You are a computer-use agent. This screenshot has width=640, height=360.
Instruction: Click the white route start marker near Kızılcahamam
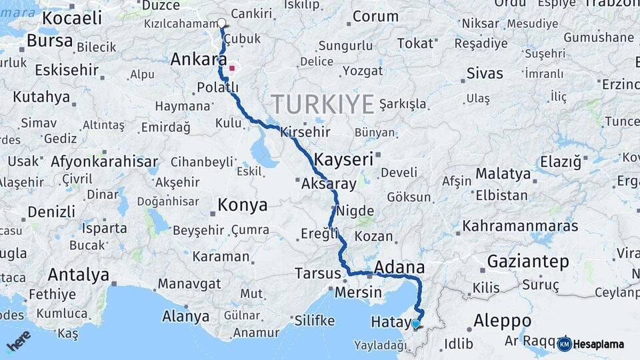point(222,23)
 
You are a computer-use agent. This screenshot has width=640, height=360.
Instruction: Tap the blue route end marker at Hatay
point(416,324)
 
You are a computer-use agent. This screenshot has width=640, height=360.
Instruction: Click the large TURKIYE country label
point(323,105)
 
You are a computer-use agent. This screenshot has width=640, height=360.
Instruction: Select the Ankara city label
point(195,59)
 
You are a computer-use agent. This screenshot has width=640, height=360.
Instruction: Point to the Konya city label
point(243,205)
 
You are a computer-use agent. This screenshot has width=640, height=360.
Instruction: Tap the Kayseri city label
point(343,160)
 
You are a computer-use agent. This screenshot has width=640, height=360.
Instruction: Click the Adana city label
point(399,267)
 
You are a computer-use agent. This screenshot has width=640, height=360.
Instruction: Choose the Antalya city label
point(79,274)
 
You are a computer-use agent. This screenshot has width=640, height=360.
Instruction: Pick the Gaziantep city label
point(528,261)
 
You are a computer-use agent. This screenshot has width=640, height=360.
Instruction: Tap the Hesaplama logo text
point(599,344)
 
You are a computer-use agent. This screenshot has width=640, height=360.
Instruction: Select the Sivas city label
point(485,73)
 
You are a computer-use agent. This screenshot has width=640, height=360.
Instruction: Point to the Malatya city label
point(503,174)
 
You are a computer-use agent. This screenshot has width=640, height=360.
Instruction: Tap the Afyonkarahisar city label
point(105,161)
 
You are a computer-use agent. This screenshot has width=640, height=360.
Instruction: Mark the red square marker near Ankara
point(232,68)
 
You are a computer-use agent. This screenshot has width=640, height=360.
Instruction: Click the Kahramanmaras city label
point(520,226)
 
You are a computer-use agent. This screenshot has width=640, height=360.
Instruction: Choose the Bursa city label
point(50,41)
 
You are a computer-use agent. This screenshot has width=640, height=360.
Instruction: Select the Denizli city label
point(51,212)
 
